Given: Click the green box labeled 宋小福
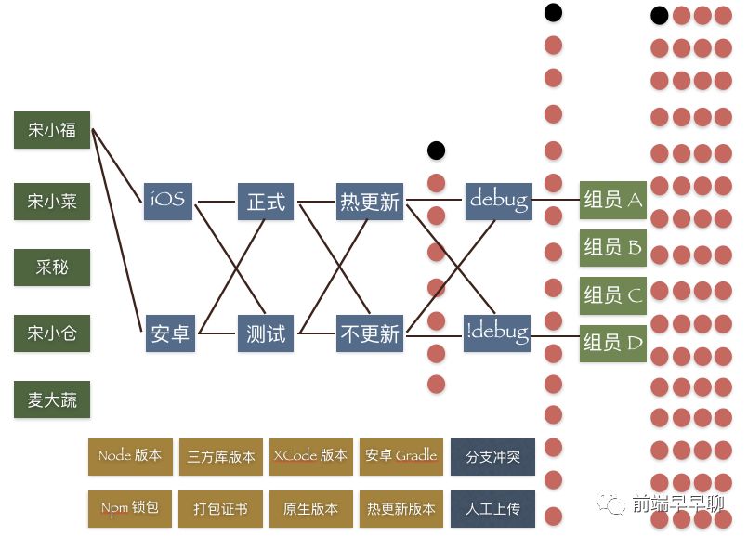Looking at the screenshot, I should coord(52,130).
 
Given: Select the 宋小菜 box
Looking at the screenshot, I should coord(52,201).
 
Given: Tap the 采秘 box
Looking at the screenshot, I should coord(52,268).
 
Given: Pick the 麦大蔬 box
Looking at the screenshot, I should coord(52,400).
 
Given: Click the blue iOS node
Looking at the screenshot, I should coord(168,200).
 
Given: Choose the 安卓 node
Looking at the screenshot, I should coord(169,333).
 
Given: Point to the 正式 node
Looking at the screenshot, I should coord(266,201).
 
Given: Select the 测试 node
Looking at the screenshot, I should coord(266,333).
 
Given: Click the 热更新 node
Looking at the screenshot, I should coord(370,201).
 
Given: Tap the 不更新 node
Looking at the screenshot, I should coord(370,333).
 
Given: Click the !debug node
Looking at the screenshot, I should coord(497,332).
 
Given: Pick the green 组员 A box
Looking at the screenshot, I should coord(612,200).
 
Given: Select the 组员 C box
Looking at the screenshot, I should coord(612,295).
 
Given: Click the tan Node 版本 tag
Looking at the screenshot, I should coord(130,456).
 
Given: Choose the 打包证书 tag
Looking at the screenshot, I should coord(220,509).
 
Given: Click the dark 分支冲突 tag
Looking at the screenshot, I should coord(492,457).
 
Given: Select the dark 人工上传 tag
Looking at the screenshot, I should coord(492,509).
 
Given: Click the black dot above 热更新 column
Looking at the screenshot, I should coord(436,150).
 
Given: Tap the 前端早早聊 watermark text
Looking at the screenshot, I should coord(677,503).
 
